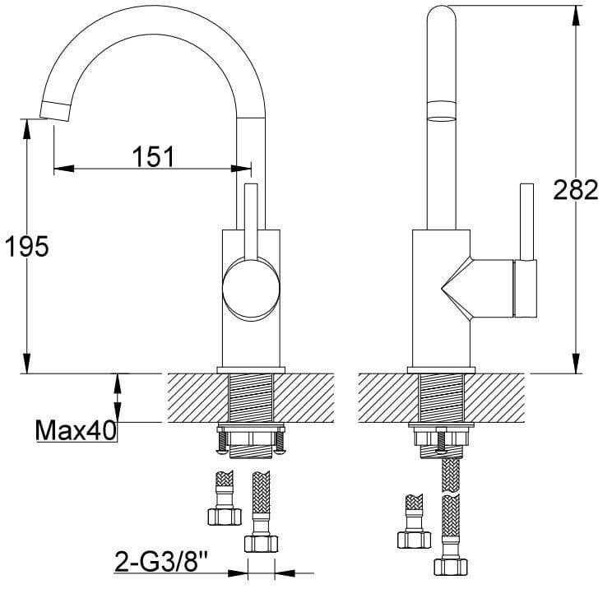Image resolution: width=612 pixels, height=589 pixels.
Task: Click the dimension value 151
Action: click(153, 156)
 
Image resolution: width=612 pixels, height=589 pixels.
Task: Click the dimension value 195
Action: click(26, 246)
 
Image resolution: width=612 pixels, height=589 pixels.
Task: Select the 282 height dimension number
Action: click(576, 190)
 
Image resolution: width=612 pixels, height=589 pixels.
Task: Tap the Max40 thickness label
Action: click(76, 430)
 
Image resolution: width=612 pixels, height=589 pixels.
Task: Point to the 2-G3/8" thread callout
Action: click(160, 561)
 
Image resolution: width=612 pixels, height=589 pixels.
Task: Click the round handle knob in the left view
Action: click(251, 290)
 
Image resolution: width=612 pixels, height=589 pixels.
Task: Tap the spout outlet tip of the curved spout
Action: click(55, 111)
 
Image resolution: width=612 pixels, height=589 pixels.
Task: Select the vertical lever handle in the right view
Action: click(527, 221)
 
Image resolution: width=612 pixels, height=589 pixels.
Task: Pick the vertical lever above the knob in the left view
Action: click(251, 221)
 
